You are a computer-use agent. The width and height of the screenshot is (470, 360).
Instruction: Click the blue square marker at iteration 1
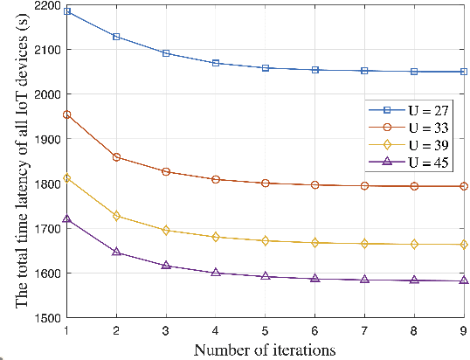point(66,12)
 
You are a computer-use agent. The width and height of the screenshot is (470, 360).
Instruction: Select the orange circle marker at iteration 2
point(116,157)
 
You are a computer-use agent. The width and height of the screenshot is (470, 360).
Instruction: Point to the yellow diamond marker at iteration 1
point(66,177)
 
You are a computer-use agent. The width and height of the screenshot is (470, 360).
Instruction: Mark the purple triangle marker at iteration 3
point(166,265)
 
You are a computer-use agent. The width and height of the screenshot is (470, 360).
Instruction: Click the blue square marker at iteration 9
point(464,72)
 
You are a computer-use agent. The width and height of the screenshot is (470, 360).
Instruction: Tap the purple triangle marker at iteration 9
point(464,280)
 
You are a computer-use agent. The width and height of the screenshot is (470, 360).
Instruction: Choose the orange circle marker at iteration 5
point(266,183)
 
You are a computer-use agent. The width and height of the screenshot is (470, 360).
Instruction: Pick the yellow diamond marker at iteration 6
point(315,243)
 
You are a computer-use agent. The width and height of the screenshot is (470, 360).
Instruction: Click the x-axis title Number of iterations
point(265,350)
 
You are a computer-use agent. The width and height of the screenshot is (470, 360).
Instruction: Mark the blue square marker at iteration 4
point(216,63)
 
